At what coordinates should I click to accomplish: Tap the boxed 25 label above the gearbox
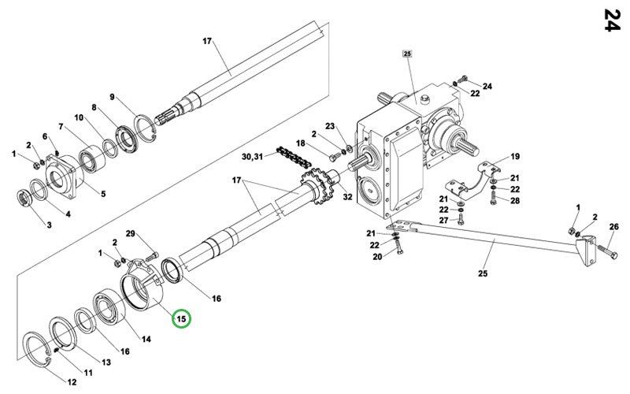(x=407, y=54)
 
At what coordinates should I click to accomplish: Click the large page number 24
(x=613, y=20)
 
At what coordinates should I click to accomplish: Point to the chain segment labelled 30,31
(x=293, y=158)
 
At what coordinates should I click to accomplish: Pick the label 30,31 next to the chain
(x=252, y=156)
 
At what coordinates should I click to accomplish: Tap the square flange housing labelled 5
(x=65, y=177)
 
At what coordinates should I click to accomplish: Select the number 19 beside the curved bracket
(x=515, y=156)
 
